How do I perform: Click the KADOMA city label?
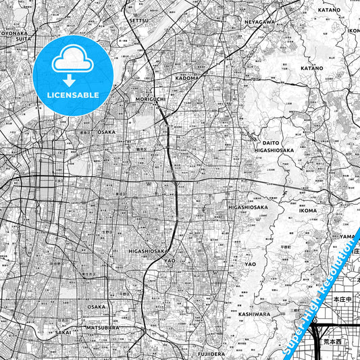click(187, 78)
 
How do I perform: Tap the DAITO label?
click(270, 143)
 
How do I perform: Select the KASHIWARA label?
click(254, 314)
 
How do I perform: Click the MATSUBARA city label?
click(103, 328)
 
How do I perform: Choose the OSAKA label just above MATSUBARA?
click(96, 306)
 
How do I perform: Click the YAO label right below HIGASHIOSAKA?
click(170, 259)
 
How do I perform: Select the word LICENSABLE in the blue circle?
click(73, 95)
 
